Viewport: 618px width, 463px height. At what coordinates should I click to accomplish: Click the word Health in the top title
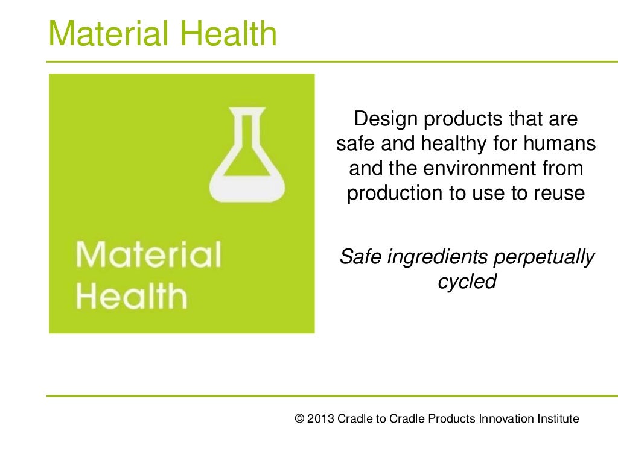coord(234,34)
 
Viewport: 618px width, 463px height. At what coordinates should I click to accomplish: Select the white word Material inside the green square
coord(148,255)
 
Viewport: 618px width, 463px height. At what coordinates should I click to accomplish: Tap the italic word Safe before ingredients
coord(361,257)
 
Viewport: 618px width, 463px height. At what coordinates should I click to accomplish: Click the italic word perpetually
coord(544,257)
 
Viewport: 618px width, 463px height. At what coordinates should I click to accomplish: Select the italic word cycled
coord(467,282)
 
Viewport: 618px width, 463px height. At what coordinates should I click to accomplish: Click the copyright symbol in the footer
coord(299,419)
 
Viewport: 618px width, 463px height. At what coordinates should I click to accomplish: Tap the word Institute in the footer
coord(558,419)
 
